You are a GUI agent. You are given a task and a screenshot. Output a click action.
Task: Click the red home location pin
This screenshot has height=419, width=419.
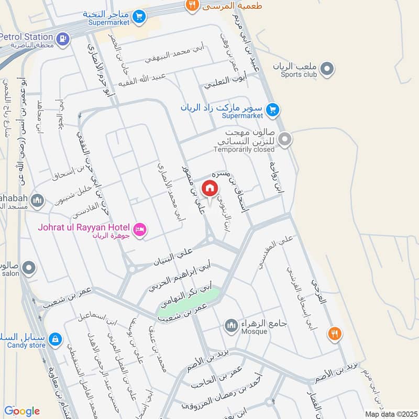(x=210, y=188)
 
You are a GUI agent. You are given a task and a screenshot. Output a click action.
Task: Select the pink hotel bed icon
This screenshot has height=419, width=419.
(x=139, y=229)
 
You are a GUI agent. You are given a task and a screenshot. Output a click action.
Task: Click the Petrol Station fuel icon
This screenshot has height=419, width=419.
(x=62, y=38)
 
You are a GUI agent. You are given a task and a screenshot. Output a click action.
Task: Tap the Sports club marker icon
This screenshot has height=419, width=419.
(x=327, y=68)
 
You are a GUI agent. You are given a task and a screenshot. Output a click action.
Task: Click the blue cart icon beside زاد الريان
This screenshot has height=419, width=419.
(x=272, y=109)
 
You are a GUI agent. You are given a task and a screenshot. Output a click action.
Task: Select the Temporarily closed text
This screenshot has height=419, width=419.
(x=244, y=149)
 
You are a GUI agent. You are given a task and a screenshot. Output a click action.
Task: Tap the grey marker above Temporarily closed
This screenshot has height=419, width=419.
(x=285, y=139)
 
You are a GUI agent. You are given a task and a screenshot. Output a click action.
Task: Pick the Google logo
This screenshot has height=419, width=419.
(x=22, y=411)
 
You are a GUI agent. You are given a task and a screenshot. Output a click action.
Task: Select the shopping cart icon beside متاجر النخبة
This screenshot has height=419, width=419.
(x=139, y=17)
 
